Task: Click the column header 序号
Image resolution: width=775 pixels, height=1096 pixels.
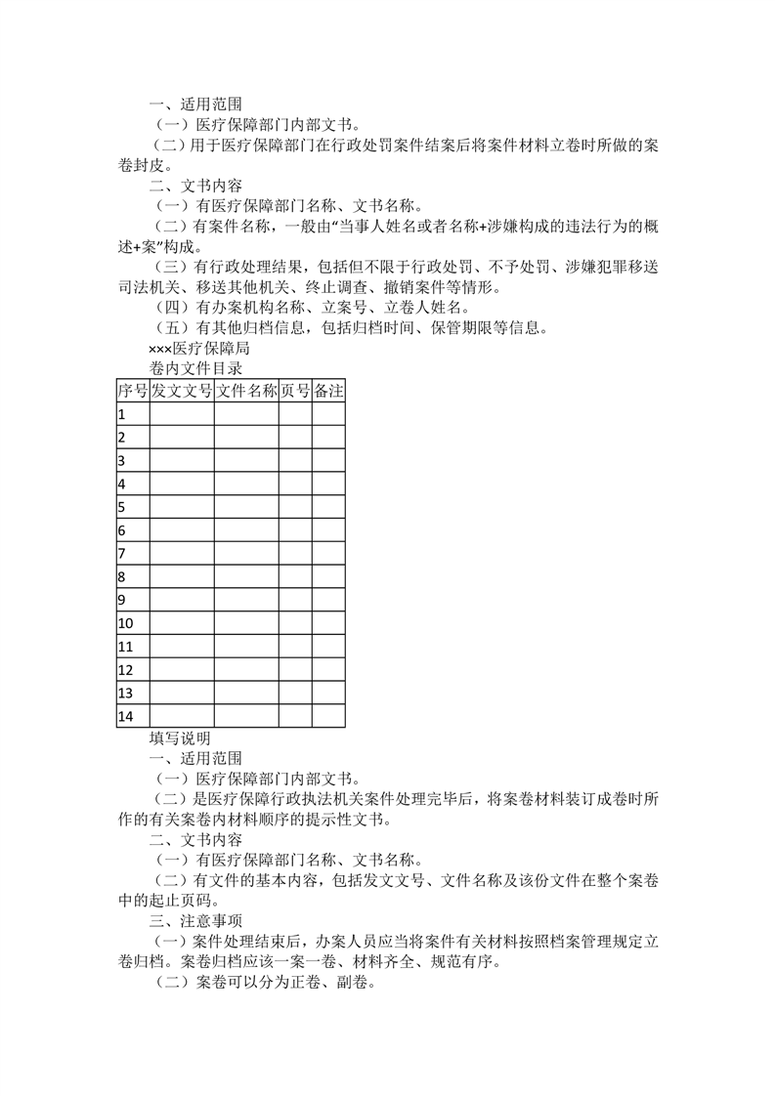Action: click(132, 391)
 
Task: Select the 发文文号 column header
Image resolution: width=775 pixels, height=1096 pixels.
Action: click(182, 391)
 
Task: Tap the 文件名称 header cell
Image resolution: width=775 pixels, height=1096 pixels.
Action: click(246, 391)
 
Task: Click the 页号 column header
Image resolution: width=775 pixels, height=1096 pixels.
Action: click(295, 391)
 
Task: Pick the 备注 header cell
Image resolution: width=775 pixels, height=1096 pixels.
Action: click(328, 391)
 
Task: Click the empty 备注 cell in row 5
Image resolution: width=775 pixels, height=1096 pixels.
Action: click(328, 507)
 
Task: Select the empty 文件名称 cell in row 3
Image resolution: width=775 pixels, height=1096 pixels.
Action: click(246, 460)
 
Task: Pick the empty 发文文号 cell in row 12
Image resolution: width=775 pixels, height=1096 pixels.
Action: click(182, 670)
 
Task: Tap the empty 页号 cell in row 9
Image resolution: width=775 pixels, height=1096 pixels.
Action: click(295, 600)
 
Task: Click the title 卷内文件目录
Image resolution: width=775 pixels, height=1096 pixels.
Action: click(195, 368)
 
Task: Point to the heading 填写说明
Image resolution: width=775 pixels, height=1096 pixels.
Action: click(180, 738)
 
